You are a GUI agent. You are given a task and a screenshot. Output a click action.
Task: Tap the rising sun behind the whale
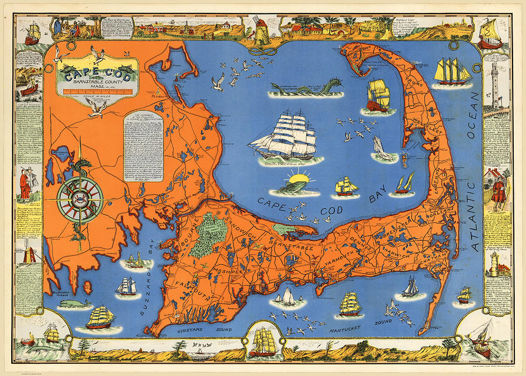[303, 178]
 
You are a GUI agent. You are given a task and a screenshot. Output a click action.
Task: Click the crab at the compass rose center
[81, 200]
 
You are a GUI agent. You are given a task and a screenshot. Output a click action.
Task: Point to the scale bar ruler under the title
[99, 91]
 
